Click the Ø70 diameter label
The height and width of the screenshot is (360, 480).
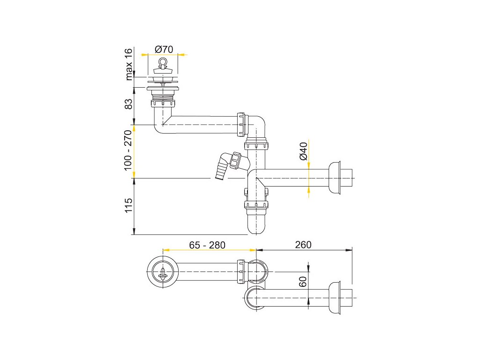pyautogui.click(x=164, y=49)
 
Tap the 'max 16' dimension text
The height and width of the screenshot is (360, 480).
pyautogui.click(x=129, y=64)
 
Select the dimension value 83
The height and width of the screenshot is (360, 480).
pyautogui.click(x=128, y=104)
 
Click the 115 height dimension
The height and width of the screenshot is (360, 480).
pyautogui.click(x=128, y=205)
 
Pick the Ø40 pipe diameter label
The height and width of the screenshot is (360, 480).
pyautogui.click(x=303, y=151)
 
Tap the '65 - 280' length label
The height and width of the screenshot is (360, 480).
pyautogui.click(x=207, y=245)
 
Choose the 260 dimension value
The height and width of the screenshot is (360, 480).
pyautogui.click(x=303, y=245)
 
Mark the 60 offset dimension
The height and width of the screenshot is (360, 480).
pyautogui.click(x=302, y=282)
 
